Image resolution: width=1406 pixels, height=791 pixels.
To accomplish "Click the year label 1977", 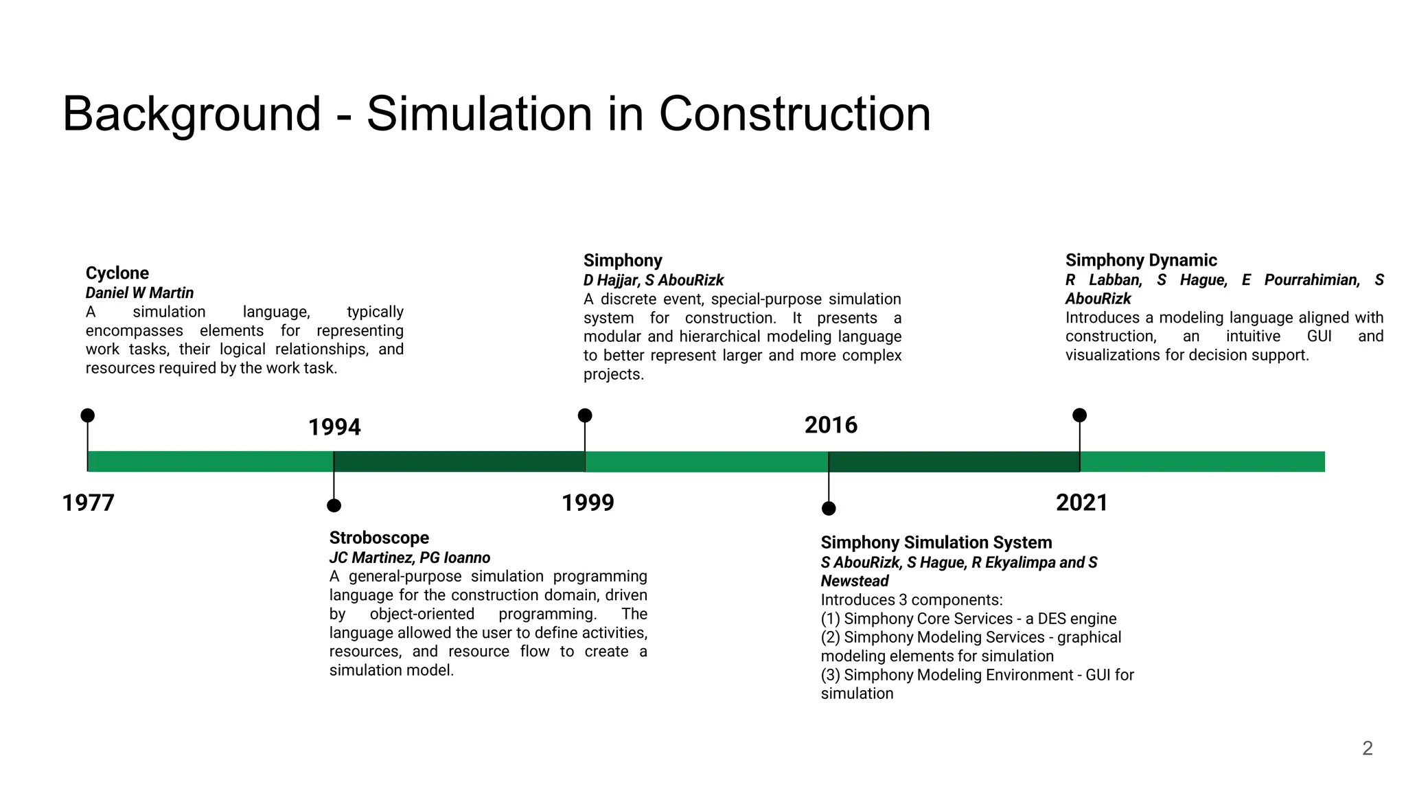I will (x=88, y=503).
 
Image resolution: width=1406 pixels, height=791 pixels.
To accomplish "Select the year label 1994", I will (x=334, y=427).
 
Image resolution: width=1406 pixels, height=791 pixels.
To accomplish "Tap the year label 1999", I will (x=588, y=503).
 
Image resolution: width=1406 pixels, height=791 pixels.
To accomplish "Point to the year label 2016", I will (x=831, y=425).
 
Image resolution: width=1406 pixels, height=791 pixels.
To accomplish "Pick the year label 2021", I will (x=1081, y=503).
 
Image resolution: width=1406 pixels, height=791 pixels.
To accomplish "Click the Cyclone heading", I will (x=117, y=273).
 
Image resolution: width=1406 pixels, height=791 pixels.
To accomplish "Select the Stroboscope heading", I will (x=379, y=538).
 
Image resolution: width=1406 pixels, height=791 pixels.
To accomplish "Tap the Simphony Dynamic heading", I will (x=1140, y=260).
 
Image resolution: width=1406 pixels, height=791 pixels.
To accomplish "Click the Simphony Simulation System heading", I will (x=936, y=542).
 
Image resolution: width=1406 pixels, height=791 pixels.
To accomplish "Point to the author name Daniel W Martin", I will (x=139, y=293).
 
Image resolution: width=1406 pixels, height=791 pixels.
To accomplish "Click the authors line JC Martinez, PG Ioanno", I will (x=409, y=558).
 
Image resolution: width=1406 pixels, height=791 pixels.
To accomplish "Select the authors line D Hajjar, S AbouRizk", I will (x=653, y=280).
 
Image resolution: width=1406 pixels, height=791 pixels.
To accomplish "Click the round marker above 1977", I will (x=88, y=415).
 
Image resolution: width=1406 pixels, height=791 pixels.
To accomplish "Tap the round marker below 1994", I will (x=334, y=506).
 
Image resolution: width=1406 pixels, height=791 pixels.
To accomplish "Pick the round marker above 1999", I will (x=585, y=415).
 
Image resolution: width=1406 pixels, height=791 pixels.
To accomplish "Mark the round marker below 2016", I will (x=829, y=509).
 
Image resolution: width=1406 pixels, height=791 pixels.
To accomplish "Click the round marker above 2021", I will (x=1079, y=415).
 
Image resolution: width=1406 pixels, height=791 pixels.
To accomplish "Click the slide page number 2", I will (x=1367, y=748).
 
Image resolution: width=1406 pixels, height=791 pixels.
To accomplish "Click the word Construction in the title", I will (x=794, y=114).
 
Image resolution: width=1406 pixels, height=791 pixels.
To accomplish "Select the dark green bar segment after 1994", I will (x=459, y=461).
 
